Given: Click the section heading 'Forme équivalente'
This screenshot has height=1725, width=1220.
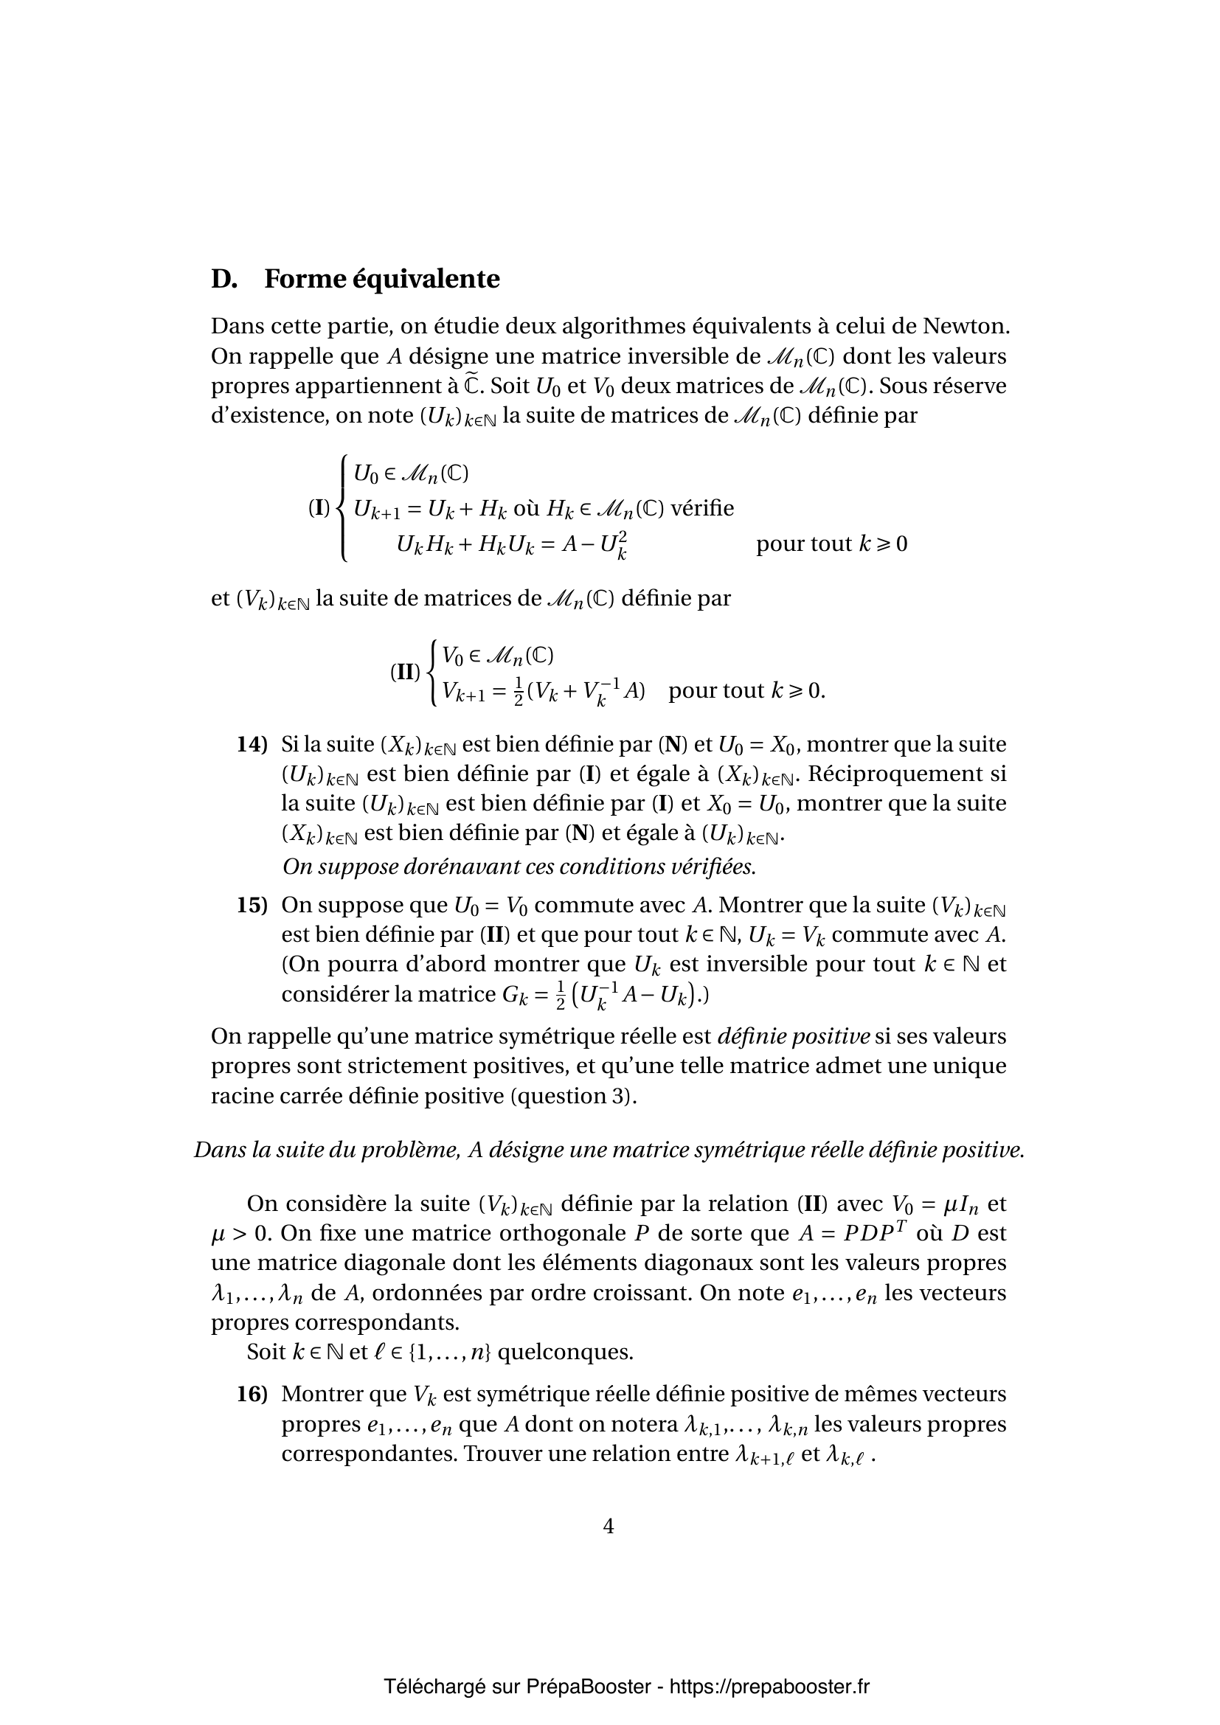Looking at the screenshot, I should point(381,280).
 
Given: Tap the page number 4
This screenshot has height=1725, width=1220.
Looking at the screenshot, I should point(609,1526).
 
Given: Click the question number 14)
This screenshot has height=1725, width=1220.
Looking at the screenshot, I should point(252,745).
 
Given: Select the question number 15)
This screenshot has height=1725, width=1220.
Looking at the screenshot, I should point(252,906).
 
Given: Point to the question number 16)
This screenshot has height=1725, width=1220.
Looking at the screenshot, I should point(252,1395).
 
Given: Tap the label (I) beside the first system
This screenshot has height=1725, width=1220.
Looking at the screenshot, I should point(319,508).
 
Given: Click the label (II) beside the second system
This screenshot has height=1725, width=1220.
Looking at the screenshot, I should point(404,672).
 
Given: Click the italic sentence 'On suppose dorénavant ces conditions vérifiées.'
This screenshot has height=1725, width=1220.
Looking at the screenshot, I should point(519,867).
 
